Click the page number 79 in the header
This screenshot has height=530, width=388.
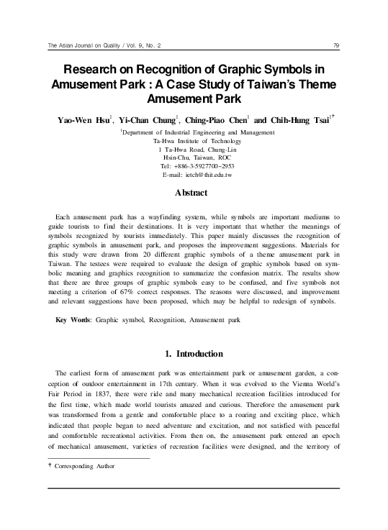pyautogui.click(x=337, y=47)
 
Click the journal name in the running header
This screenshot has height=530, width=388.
pyautogui.click(x=103, y=47)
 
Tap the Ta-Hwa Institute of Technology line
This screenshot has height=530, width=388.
pyautogui.click(x=192, y=142)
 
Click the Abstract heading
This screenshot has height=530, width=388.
pyautogui.click(x=192, y=193)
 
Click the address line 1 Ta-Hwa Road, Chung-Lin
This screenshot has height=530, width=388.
pyautogui.click(x=192, y=150)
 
